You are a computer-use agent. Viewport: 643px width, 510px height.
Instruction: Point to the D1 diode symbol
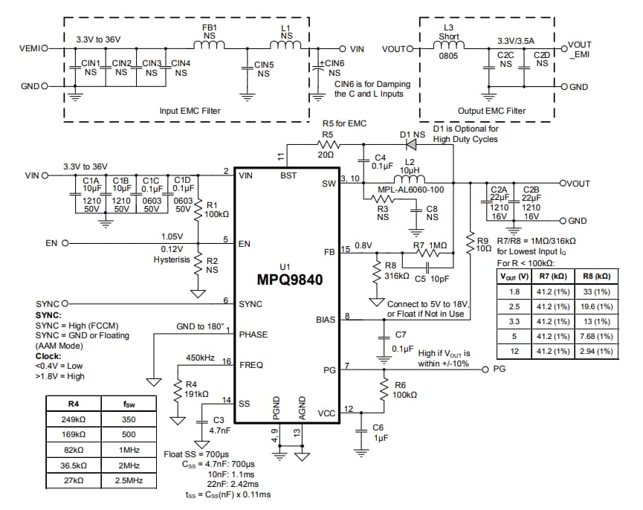(409, 145)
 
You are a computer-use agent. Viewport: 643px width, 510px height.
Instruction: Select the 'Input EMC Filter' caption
(190, 111)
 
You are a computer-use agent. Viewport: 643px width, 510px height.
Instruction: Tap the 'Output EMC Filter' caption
(491, 111)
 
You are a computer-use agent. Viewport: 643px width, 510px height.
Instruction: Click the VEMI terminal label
(31, 48)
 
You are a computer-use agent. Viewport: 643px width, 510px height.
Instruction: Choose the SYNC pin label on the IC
(251, 303)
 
